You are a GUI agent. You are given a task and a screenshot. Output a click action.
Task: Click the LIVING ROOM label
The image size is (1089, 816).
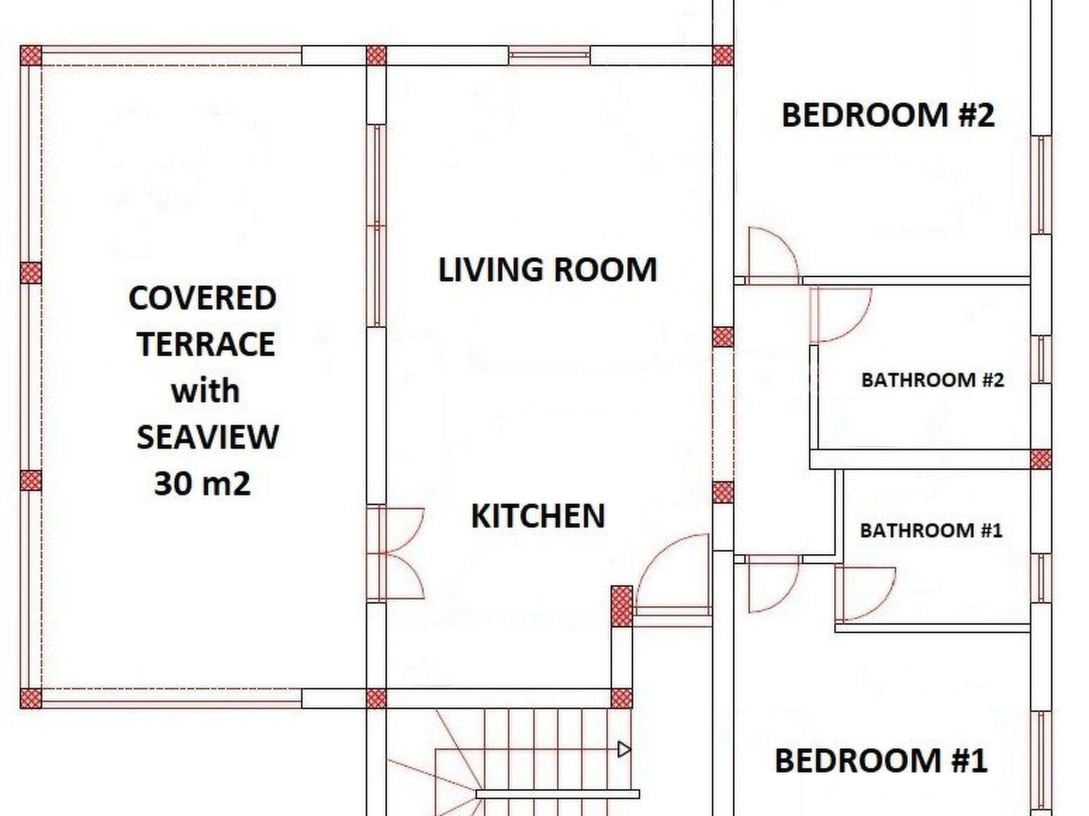[547, 269]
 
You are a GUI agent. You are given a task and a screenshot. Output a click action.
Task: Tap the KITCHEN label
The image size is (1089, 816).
[538, 516]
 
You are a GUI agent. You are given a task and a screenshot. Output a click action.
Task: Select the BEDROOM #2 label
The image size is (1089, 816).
[888, 115]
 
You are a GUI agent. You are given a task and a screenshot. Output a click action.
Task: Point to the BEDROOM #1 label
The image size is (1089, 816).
[881, 760]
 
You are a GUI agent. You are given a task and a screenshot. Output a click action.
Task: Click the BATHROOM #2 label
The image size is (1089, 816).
[933, 380]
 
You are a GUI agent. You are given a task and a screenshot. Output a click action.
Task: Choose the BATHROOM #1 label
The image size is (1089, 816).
[931, 531]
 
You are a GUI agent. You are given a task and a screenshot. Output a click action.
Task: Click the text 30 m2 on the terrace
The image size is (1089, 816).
[202, 484]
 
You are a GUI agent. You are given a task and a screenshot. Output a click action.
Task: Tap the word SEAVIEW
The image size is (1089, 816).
[207, 437]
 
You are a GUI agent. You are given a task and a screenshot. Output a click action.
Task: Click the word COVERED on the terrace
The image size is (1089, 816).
[203, 298]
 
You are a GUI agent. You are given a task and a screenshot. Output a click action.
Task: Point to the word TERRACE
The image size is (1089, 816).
[206, 344]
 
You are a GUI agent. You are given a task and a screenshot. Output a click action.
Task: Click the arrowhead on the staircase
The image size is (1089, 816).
[624, 750]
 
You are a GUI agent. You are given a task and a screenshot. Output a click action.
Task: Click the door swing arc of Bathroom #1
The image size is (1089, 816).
[881, 606]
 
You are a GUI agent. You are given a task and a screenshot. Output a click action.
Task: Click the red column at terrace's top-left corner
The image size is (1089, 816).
[31, 56]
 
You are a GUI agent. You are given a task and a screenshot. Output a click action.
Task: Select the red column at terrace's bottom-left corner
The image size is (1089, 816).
[31, 698]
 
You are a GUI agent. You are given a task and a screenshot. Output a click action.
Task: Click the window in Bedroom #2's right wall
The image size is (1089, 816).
[1041, 185]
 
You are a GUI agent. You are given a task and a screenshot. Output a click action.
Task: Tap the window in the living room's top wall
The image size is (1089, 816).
[549, 56]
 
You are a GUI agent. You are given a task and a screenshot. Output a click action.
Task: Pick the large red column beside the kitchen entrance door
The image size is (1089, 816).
[622, 606]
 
